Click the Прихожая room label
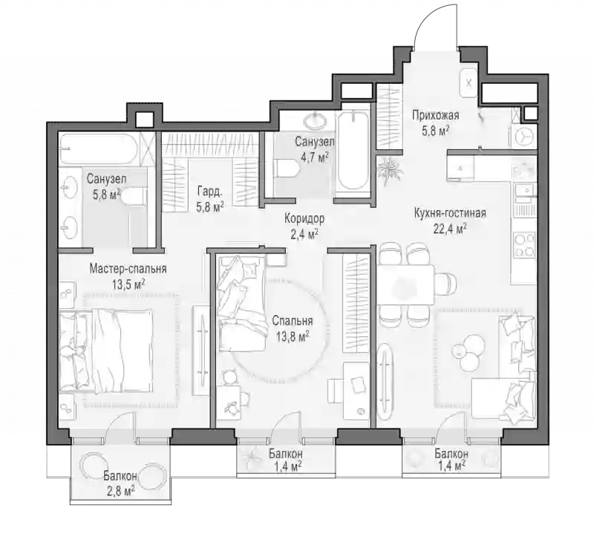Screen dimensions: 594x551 pos(436,115)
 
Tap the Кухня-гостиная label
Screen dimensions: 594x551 pos(450,213)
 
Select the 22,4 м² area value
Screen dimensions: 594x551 pos(450,229)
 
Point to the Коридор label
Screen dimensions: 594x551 pos(304,218)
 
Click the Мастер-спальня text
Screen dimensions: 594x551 pos(128,269)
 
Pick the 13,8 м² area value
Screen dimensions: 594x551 pos(292,336)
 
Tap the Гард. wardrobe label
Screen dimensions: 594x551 pos(209,192)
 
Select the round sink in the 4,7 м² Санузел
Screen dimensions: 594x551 pos(315,121)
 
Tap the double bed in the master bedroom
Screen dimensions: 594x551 pos(106,351)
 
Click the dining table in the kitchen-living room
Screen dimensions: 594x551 pos(405,285)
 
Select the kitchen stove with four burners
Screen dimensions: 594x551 pos(524,245)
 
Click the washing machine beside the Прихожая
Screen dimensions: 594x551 pos(523,137)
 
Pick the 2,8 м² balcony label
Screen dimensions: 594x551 pos(120,483)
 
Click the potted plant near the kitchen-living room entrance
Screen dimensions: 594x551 pos(389,171)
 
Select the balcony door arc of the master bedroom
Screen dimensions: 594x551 pos(114,420)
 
